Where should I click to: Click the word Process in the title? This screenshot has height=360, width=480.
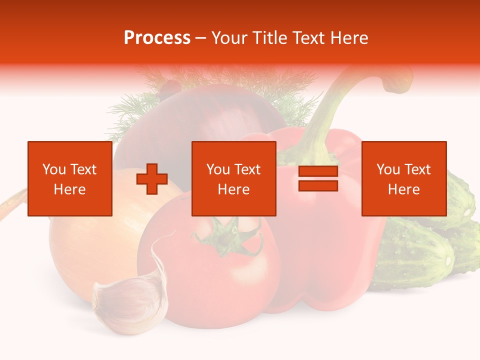pyautogui.click(x=157, y=38)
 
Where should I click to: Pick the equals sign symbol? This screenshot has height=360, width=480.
pyautogui.click(x=318, y=179)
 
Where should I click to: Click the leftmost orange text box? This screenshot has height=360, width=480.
pyautogui.click(x=70, y=178)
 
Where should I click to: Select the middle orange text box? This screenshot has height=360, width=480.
pyautogui.click(x=233, y=178)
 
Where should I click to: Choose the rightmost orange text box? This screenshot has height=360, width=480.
pyautogui.click(x=403, y=178)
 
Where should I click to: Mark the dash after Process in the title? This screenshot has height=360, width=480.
pyautogui.click(x=201, y=38)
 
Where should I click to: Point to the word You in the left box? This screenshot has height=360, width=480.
pyautogui.click(x=54, y=169)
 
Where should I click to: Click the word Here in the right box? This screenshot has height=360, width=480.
pyautogui.click(x=403, y=189)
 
